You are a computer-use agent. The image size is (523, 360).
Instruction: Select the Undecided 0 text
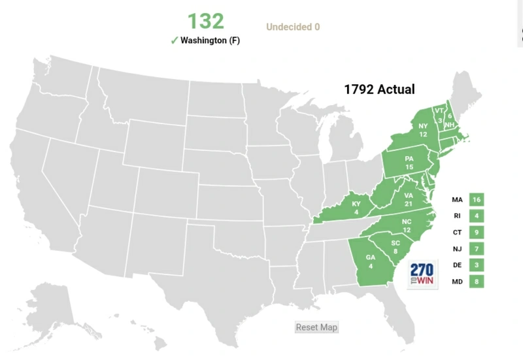pos(293,27)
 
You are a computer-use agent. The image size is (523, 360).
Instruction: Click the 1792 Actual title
pos(379,90)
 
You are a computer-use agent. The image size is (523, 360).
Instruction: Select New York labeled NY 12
pos(422,129)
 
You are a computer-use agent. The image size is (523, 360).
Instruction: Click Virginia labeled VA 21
pos(409,199)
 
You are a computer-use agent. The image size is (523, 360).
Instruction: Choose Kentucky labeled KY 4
pos(356,208)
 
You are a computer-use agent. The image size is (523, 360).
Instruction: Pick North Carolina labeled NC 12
pos(407,225)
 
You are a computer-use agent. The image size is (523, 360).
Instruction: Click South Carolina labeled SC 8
pos(395,247)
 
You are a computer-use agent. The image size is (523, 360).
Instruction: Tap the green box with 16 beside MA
pos(476,199)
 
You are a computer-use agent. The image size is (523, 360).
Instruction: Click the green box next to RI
pos(476,216)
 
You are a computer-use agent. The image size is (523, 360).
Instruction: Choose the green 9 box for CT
pos(476,232)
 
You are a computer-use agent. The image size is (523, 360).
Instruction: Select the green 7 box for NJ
pos(476,249)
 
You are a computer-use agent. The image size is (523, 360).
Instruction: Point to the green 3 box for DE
pos(476,265)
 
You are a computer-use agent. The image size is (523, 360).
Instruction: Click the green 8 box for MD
pos(476,282)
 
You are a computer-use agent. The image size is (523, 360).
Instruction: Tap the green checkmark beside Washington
pos(174,40)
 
